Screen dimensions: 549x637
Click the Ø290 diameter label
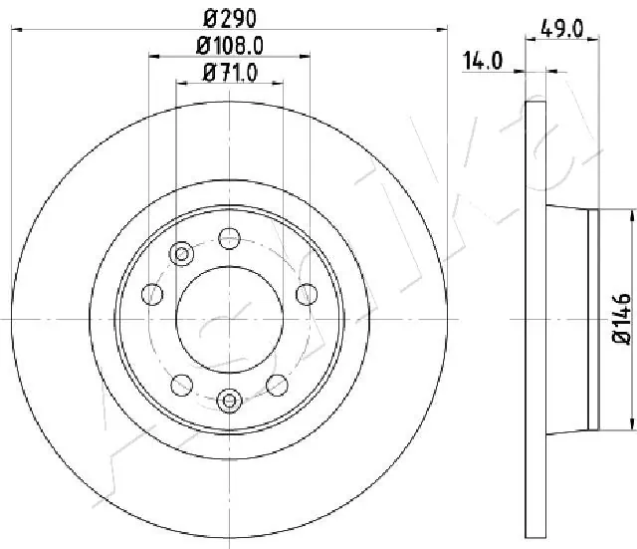(229, 19)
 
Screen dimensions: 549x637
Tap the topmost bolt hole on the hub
(229, 237)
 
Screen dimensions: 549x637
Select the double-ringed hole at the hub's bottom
(229, 402)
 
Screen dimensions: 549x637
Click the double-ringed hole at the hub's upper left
(182, 254)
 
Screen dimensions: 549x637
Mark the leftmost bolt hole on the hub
(152, 294)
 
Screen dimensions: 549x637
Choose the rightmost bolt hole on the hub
(307, 294)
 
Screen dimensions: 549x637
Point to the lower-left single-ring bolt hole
(181, 384)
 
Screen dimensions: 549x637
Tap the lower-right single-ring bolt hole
(277, 384)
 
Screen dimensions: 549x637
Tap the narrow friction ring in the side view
(534, 319)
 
